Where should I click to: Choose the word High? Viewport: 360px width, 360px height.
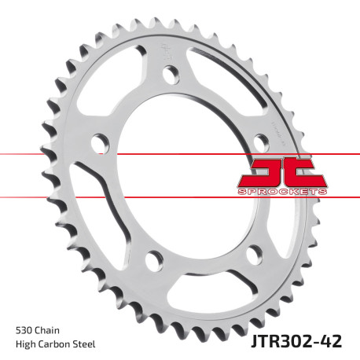[25, 343]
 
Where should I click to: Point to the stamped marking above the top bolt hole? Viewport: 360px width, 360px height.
[167, 54]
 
